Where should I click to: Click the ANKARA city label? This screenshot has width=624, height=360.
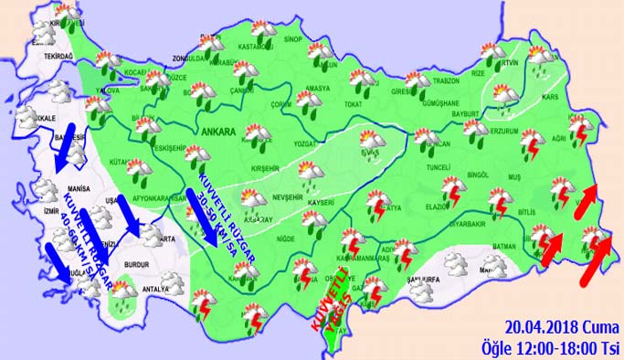click(x=218, y=131)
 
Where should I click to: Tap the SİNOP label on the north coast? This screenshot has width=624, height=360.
click(x=292, y=40)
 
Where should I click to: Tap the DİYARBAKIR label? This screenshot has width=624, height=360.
click(x=474, y=221)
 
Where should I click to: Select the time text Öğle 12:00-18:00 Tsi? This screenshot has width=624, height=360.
click(x=550, y=345)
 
